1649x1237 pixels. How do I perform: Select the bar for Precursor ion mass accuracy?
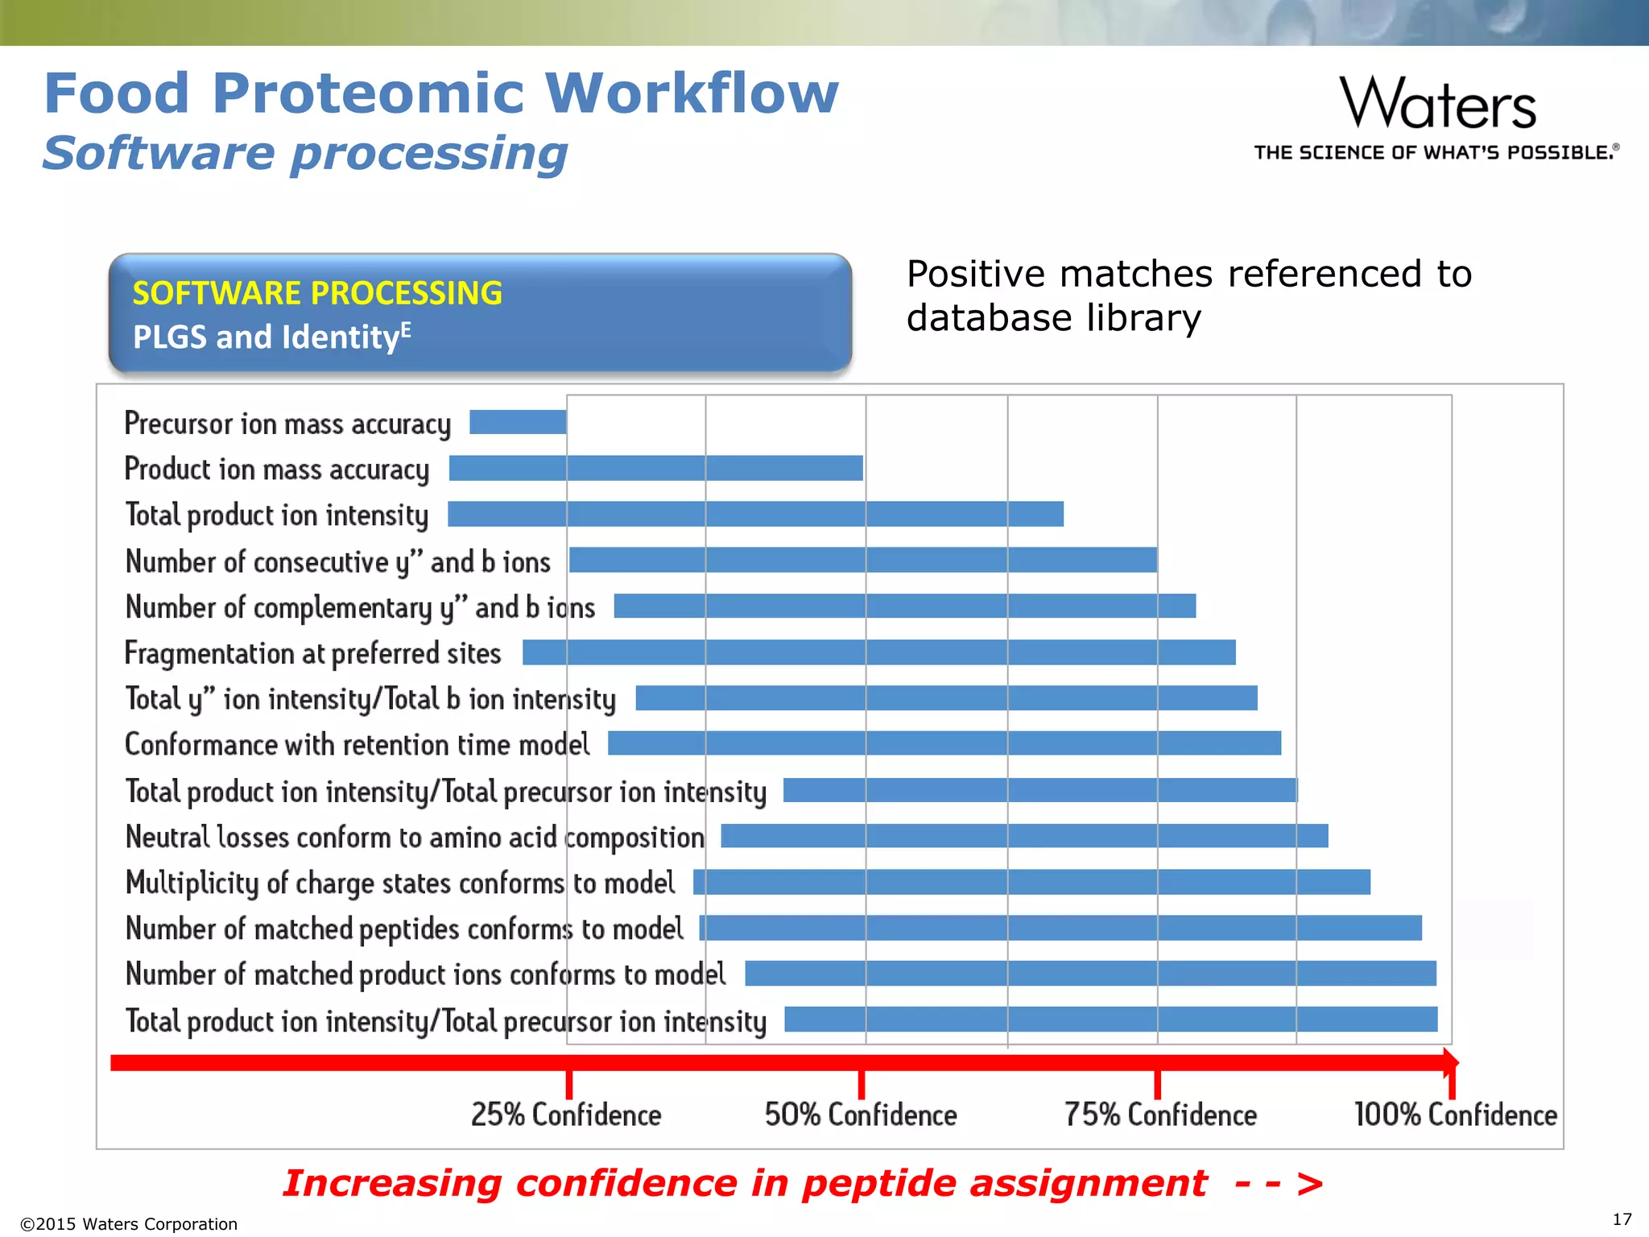coord(518,422)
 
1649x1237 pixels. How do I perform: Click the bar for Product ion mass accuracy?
coord(655,468)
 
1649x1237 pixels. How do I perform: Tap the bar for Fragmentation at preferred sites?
coord(878,652)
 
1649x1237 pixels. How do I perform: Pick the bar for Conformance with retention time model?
coord(944,743)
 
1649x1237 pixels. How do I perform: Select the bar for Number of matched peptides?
coord(1060,928)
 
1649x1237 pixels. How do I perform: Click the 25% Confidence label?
coord(566,1115)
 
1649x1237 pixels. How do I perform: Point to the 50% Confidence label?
coord(861,1115)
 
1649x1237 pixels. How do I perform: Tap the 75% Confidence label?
coord(1160,1115)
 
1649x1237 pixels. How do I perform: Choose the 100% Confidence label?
coord(1455,1115)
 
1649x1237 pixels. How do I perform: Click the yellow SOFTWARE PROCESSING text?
coord(317,293)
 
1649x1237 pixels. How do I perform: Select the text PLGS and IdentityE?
coord(271,337)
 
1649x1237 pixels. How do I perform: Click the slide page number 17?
coord(1622,1219)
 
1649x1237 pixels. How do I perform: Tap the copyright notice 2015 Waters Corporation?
coord(129,1224)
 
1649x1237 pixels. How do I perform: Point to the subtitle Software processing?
coord(305,153)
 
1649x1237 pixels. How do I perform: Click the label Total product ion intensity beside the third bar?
coord(277,515)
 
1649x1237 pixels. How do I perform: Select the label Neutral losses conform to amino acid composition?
coord(415,838)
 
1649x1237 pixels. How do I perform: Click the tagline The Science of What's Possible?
coord(1436,152)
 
